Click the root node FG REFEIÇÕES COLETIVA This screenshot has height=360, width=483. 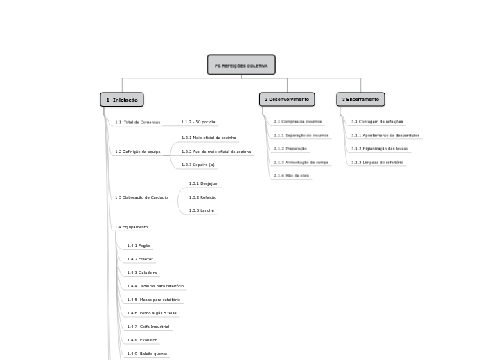(241, 65)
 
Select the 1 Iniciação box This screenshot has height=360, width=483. (122, 100)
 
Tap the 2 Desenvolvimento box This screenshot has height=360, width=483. (287, 100)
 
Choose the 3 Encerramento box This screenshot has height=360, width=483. (360, 100)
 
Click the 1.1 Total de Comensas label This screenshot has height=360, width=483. (137, 123)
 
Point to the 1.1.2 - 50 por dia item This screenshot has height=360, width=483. (198, 123)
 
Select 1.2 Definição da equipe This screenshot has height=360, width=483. (137, 152)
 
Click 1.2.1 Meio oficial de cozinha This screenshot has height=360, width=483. (209, 138)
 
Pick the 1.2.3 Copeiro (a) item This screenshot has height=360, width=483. (198, 165)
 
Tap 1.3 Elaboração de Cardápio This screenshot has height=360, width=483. (141, 197)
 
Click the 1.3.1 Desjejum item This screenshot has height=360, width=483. (204, 183)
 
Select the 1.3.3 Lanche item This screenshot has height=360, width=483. (201, 210)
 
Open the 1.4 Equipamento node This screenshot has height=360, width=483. (131, 227)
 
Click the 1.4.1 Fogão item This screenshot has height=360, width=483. (139, 246)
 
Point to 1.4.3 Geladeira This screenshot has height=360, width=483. (142, 273)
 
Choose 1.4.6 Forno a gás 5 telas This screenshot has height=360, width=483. (152, 313)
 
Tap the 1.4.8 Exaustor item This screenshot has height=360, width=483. (142, 340)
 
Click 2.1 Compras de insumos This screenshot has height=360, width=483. (297, 122)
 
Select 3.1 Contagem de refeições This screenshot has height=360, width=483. (376, 122)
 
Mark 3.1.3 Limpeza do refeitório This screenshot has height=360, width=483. (377, 163)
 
